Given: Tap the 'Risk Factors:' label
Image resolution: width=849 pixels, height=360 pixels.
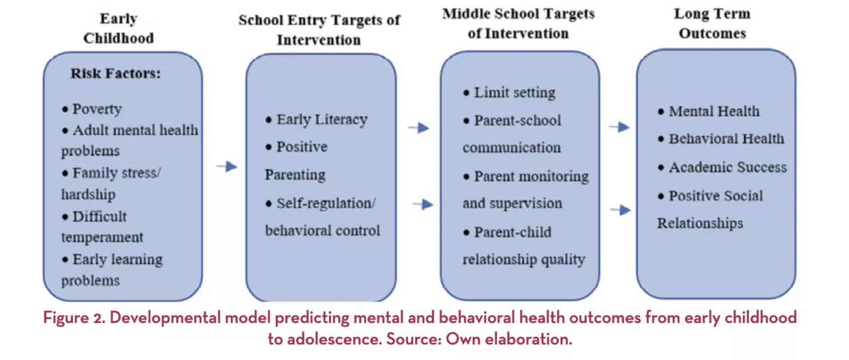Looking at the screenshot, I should [x=115, y=73].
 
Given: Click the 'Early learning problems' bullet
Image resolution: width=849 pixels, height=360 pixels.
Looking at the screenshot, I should [x=111, y=269].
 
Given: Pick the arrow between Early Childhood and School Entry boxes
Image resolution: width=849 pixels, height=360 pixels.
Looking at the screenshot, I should [x=226, y=166].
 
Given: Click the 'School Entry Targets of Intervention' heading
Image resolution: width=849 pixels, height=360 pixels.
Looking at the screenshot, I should [x=319, y=29].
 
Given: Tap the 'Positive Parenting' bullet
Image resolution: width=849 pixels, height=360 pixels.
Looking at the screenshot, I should [x=296, y=160].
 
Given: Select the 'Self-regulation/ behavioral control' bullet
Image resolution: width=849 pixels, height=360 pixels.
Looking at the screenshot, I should [x=322, y=217].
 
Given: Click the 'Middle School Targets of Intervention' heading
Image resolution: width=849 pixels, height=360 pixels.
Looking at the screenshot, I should [x=519, y=23].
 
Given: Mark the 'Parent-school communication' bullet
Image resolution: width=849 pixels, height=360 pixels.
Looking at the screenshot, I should [x=511, y=133].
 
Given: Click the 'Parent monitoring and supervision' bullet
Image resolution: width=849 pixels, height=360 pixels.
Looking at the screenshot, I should [x=525, y=190].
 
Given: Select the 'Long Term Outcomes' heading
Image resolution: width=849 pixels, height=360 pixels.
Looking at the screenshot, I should [x=712, y=23].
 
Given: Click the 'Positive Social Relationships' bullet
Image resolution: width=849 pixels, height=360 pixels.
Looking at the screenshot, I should [x=710, y=210].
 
